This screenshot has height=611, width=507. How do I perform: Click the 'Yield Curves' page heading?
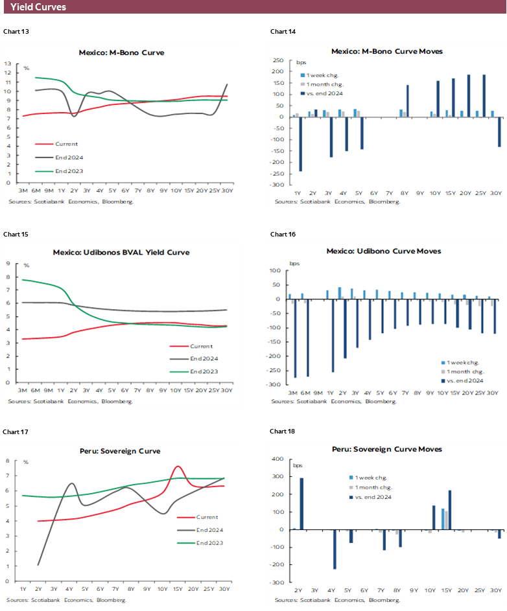[38, 7]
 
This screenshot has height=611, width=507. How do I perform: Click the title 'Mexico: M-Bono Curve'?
[121, 52]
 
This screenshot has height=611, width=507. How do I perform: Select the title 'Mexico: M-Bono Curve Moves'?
[386, 51]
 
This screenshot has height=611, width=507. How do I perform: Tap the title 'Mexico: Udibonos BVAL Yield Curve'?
[121, 252]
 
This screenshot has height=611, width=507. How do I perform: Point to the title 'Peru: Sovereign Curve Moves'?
[386, 449]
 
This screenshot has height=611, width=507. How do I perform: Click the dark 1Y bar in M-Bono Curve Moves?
[300, 144]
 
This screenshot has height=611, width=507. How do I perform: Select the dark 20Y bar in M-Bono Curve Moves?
[469, 96]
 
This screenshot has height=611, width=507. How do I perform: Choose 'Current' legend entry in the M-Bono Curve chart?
[67, 144]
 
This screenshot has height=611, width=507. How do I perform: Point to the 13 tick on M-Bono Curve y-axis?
[8, 63]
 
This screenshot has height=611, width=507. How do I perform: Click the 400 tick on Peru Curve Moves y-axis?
[278, 459]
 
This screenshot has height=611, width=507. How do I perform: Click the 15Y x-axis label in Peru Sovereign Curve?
[178, 589]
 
